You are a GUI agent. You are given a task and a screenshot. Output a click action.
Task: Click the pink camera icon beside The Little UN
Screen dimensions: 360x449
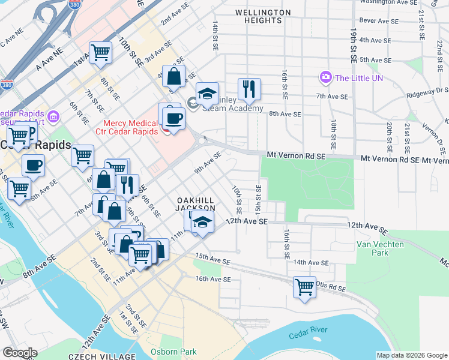[x=326, y=77]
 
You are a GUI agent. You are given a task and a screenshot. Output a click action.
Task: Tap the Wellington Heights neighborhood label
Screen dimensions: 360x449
[x=263, y=16]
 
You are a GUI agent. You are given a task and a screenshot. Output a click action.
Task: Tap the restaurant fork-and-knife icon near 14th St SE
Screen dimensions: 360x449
[x=249, y=89]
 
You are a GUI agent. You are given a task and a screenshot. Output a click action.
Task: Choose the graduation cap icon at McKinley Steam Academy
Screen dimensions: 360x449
[x=207, y=94]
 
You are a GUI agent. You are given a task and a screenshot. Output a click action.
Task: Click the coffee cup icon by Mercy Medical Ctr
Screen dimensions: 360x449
[x=173, y=118]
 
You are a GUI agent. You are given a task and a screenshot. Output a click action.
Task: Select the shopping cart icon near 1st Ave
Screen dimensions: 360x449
[x=100, y=52]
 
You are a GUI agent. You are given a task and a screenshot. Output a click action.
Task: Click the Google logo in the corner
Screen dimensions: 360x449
[x=19, y=353]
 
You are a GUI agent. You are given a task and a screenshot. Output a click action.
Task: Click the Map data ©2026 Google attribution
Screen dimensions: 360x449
[x=412, y=355]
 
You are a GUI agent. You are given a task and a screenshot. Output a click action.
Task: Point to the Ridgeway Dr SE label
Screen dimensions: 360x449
[x=429, y=91]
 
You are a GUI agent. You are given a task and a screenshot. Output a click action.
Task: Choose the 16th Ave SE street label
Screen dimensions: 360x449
[x=212, y=279]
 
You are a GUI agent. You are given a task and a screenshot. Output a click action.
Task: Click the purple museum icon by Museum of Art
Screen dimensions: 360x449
[x=52, y=115]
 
